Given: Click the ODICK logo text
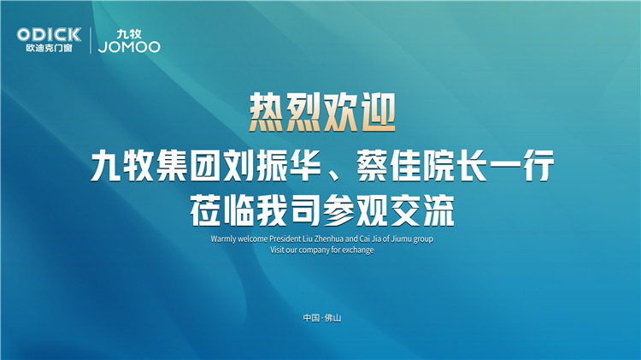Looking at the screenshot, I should point(49,33).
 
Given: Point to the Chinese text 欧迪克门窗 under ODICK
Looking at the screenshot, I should point(49,47).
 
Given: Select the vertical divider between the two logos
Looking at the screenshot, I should point(91,40).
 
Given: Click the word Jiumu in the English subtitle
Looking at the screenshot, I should point(408,239).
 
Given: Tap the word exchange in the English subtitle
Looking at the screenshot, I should point(358,251).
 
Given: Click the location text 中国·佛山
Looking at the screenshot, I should point(321,318).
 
